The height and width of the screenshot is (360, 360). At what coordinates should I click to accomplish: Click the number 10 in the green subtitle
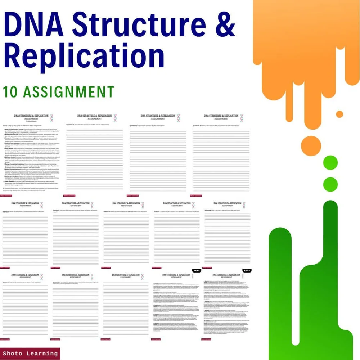[x=11, y=92]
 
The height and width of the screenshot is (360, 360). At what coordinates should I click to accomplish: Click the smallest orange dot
[x=339, y=114]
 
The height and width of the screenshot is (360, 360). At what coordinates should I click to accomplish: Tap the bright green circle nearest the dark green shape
[x=330, y=184]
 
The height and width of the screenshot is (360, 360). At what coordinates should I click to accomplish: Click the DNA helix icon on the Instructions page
[x=52, y=118]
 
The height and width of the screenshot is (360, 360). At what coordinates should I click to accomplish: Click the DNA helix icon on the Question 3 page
[x=242, y=118]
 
